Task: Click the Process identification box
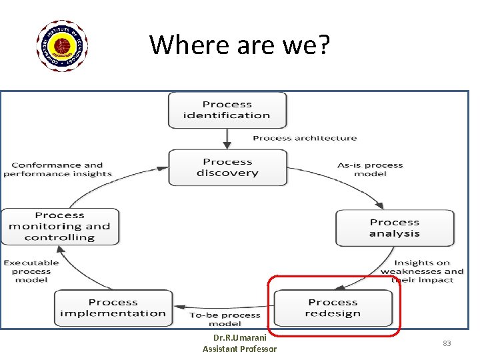227,110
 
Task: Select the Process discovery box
227,167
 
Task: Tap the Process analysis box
395,228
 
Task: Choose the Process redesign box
333,308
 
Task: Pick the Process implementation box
113,308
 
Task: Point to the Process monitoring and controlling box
60,227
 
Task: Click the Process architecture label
305,138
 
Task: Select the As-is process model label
370,169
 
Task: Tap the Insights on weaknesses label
422,271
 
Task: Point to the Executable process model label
31,271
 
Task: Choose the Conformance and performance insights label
57,169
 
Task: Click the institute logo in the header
62,46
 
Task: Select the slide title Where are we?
239,45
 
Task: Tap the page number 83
447,343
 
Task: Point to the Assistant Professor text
239,349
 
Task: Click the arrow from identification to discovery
227,139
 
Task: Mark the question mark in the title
322,45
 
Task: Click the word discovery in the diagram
227,173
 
